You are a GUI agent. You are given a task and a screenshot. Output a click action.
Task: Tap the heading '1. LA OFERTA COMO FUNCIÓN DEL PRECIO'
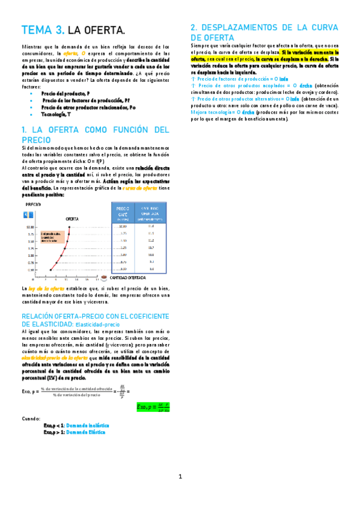96,134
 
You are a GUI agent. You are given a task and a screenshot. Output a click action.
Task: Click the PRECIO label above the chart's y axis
33,205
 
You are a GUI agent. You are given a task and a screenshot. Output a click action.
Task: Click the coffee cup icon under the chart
104,278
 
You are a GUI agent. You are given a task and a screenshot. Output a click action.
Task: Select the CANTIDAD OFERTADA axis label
128,278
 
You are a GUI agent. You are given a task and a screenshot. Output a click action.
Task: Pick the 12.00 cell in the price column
122,226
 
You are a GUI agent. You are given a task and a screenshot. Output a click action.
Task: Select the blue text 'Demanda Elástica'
85,432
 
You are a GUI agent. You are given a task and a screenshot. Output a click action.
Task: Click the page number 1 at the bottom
180,477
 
